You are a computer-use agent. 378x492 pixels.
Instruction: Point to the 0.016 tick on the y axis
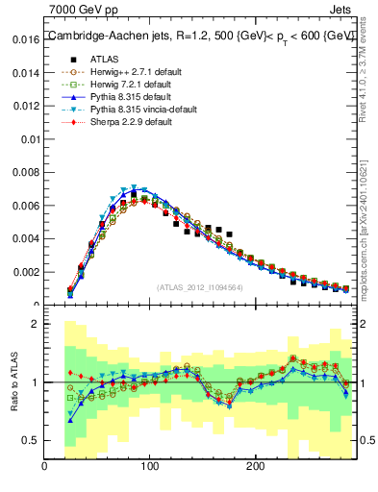pos(26,41)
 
